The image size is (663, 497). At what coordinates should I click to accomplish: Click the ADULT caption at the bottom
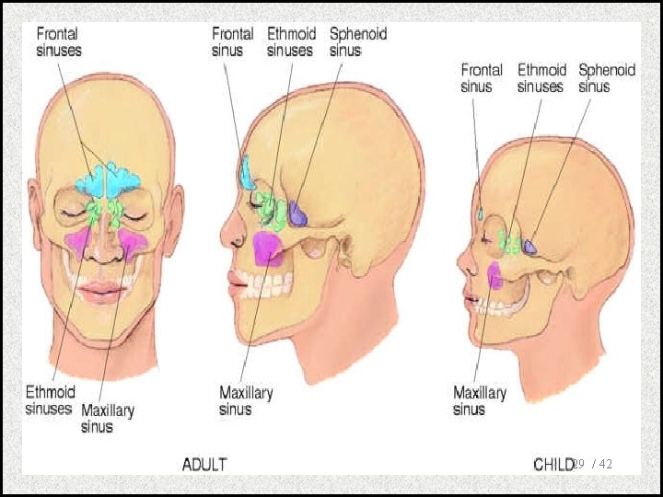click(204, 464)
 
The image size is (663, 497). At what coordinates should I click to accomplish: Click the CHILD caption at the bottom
click(552, 464)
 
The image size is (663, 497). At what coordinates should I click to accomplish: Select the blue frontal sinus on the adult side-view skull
click(247, 172)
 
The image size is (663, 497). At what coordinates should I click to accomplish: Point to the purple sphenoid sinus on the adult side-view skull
click(298, 213)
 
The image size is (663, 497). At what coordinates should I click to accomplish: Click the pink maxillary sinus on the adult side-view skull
click(268, 248)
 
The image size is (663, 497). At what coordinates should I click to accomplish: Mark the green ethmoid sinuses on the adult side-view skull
click(271, 211)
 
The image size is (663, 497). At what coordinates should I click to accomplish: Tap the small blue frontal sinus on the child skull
click(481, 213)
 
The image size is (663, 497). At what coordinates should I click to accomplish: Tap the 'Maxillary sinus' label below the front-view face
click(108, 418)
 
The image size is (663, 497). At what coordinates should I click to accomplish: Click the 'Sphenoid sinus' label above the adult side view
click(357, 41)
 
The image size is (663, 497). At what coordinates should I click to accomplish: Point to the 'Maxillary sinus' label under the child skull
click(479, 400)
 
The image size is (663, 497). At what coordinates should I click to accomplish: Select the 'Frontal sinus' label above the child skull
click(482, 78)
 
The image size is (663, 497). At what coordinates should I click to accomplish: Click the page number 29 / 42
click(594, 465)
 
